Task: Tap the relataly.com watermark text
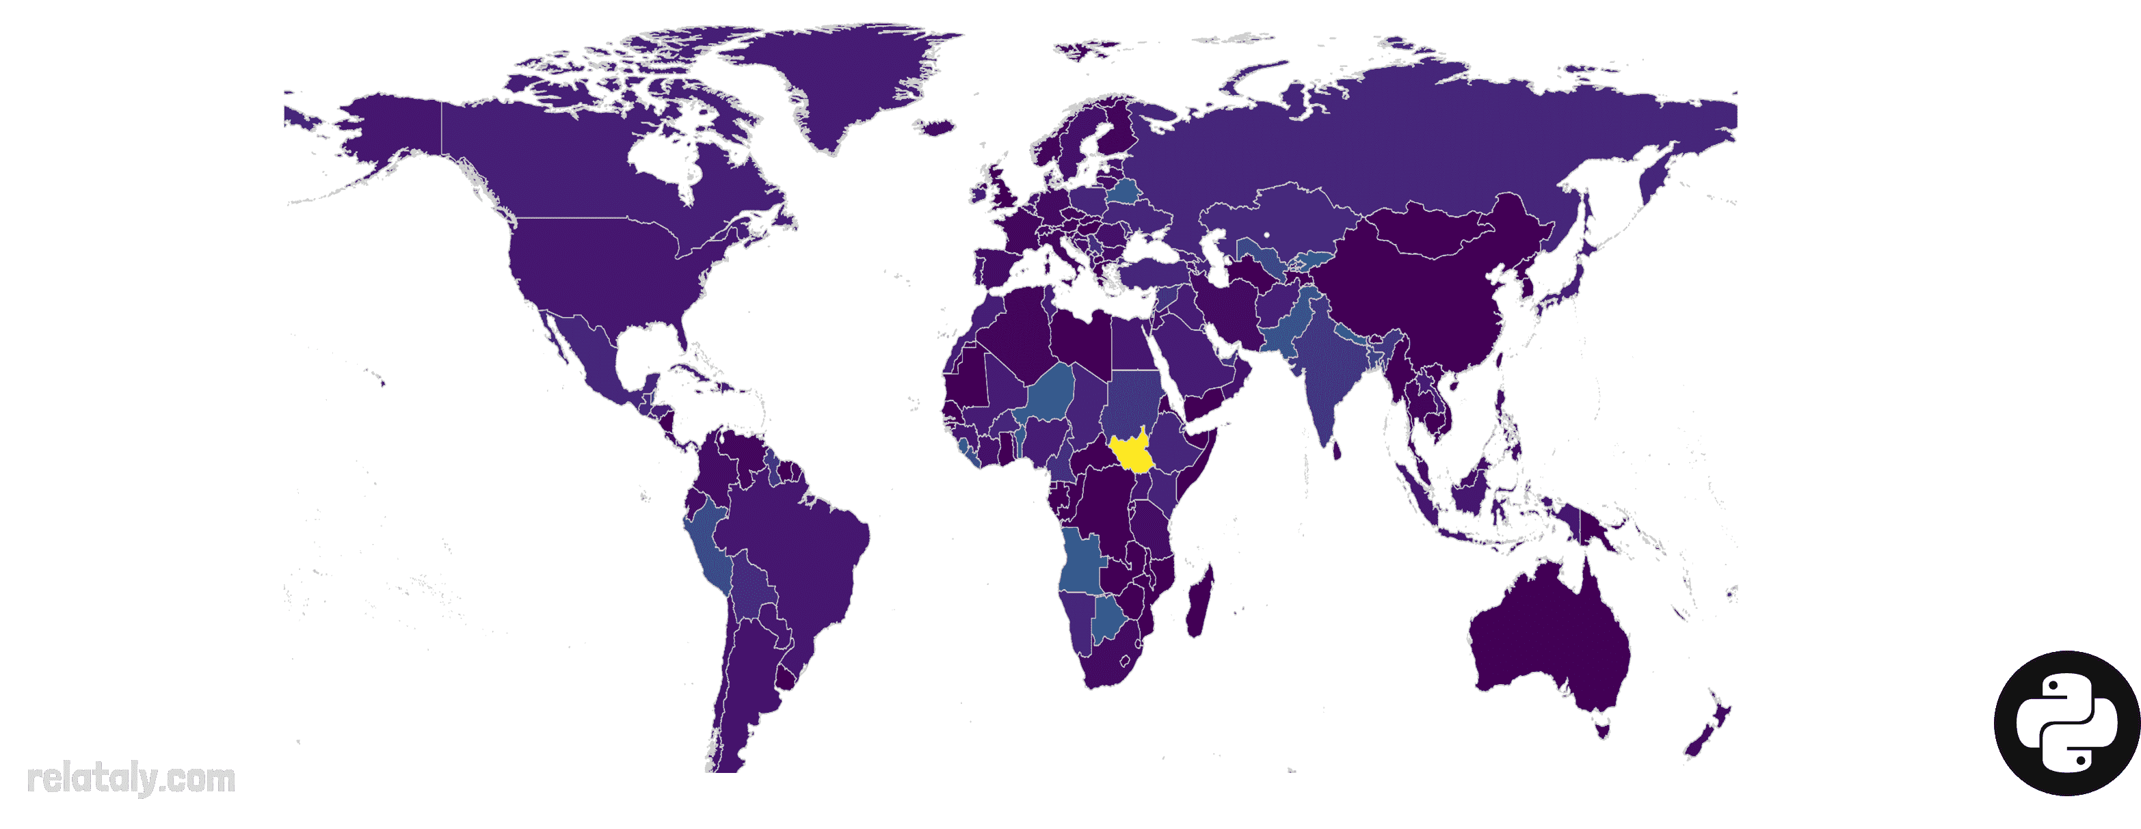(x=131, y=779)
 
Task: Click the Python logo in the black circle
(x=2066, y=722)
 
